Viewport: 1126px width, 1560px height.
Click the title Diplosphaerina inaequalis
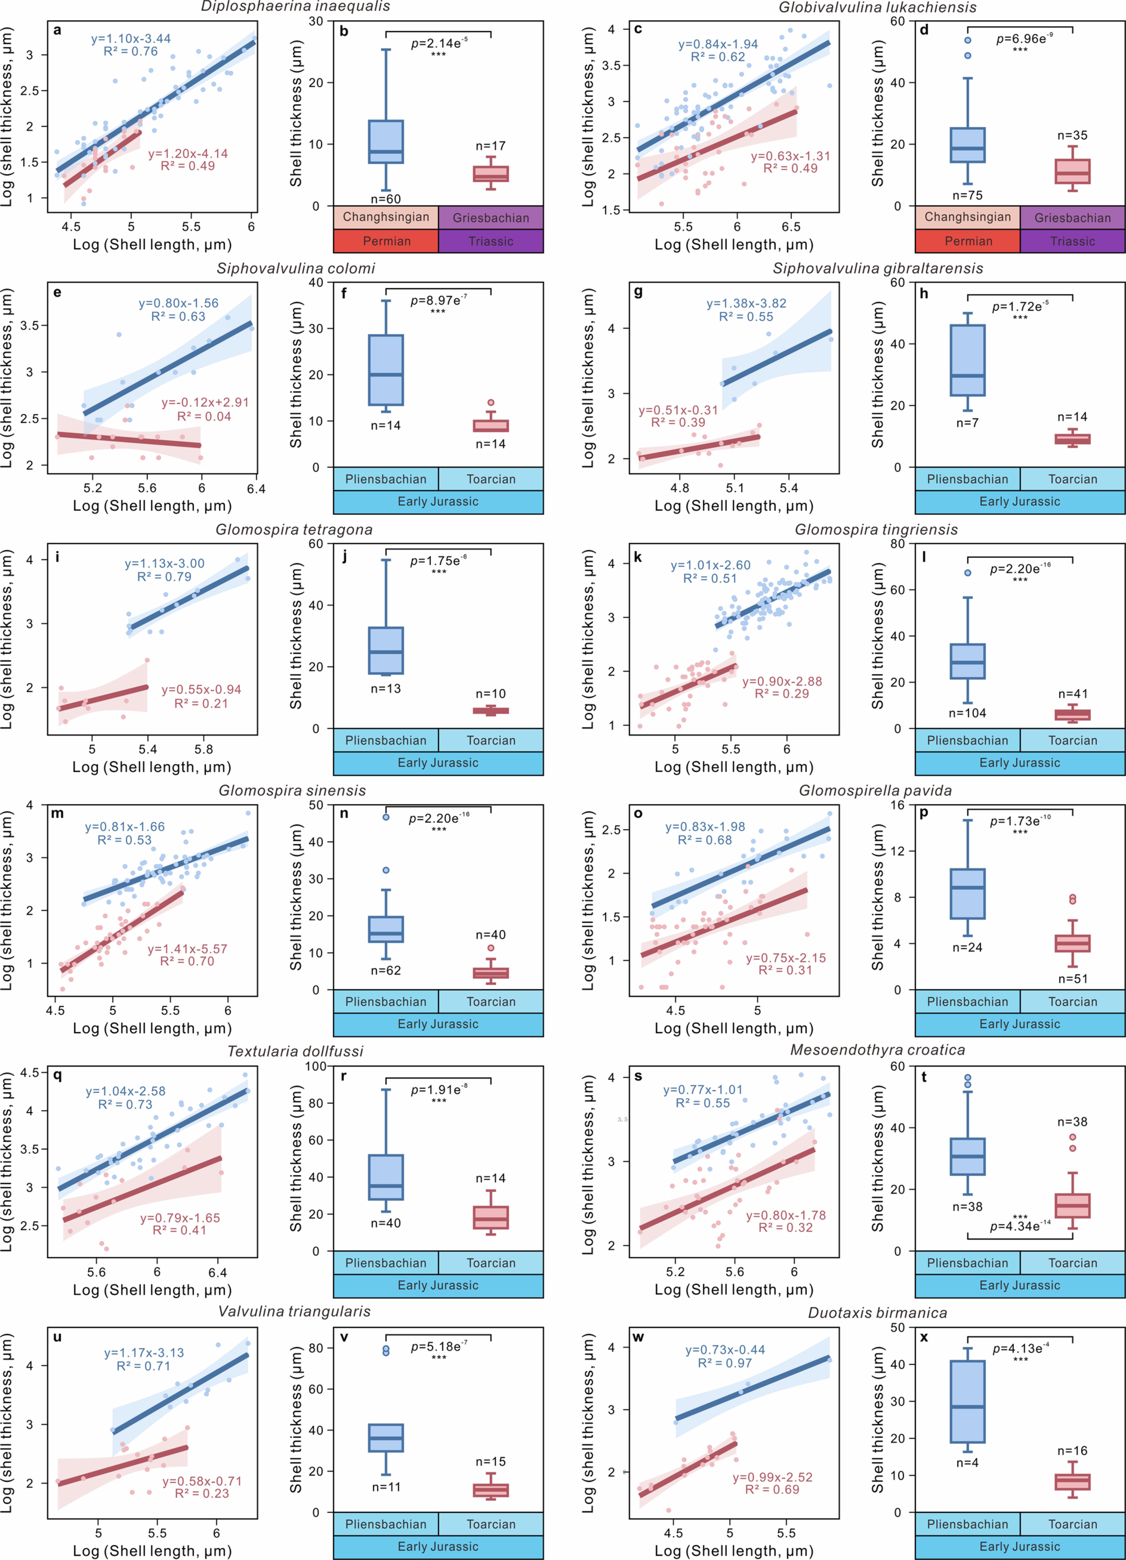pos(295,7)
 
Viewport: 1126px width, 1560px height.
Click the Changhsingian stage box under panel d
pos(967,217)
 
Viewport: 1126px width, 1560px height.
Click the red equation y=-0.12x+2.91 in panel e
pos(205,402)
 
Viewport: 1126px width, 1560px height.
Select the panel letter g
pos(638,292)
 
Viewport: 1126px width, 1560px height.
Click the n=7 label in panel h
pos(967,422)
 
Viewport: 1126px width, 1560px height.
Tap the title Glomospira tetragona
pos(294,530)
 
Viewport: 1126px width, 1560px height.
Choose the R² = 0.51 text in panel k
pos(710,578)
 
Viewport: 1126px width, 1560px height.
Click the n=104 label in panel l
pos(967,713)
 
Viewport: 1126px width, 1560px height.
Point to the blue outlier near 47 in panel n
pos(386,817)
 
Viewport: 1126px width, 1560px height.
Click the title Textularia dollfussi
pos(295,1052)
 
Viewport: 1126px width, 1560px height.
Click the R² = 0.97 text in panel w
pos(725,1363)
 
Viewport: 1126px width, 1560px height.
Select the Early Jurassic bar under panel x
pos(1019,1546)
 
